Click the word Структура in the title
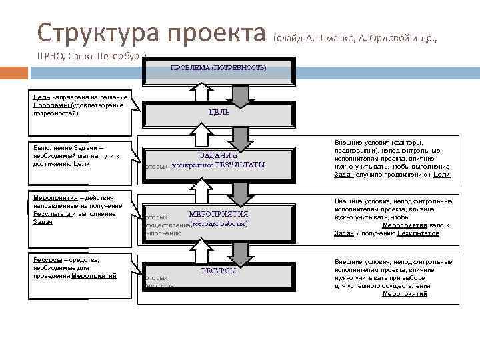click(x=99, y=31)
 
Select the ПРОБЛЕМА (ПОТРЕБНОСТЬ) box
click(x=218, y=68)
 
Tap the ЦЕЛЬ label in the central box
click(x=219, y=112)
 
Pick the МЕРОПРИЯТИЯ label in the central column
click(x=219, y=214)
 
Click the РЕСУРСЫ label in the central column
click(x=219, y=270)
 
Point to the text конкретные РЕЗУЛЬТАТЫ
click(x=218, y=165)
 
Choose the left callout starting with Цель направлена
click(x=79, y=105)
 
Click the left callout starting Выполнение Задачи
click(x=75, y=155)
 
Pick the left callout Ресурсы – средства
click(x=75, y=267)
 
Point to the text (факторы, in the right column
click(x=411, y=143)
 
